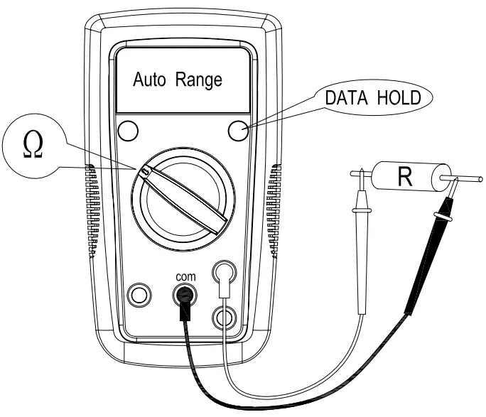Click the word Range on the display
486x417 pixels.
coord(194,80)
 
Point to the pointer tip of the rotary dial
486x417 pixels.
coord(144,171)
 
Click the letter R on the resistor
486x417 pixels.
coord(404,176)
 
